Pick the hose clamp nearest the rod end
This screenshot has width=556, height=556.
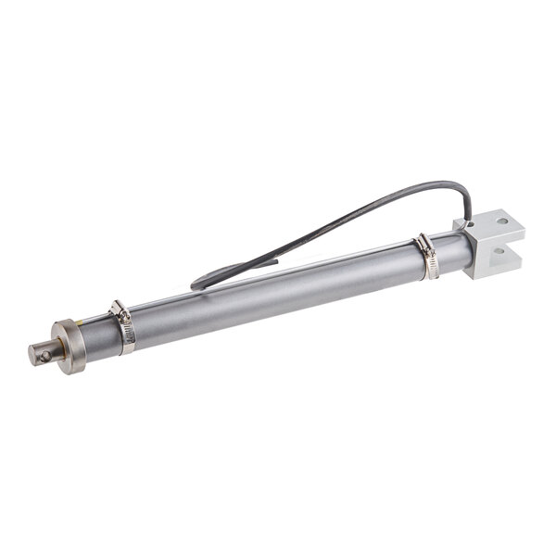click(122, 326)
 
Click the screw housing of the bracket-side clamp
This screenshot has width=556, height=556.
click(423, 244)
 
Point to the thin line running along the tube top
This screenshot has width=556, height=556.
click(278, 274)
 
